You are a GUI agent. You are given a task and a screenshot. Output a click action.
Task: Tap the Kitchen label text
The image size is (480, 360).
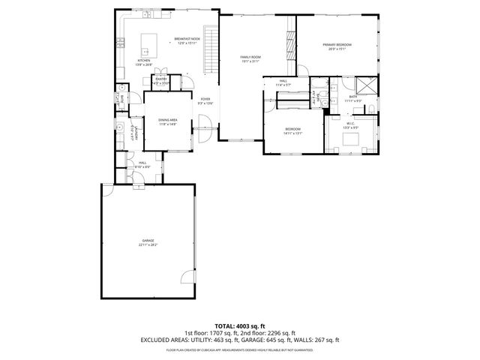[143, 60]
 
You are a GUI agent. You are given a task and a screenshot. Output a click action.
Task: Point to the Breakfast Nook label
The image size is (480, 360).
[187, 38]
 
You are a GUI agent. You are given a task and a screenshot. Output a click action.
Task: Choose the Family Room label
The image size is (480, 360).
[250, 57]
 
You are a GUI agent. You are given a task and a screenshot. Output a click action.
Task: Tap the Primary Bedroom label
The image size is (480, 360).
[337, 45]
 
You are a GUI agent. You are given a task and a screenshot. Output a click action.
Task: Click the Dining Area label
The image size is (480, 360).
[167, 120]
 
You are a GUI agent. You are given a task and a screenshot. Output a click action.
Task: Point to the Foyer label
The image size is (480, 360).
[205, 99]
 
